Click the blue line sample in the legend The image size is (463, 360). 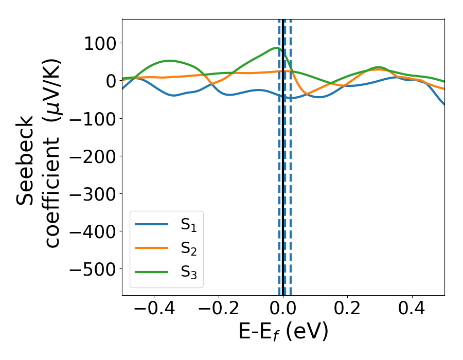click(151, 224)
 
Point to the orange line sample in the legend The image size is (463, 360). click(151, 248)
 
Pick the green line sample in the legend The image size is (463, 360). click(151, 272)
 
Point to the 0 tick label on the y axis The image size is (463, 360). click(110, 81)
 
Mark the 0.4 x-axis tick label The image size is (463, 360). click(412, 310)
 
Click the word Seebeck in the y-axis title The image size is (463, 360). click(26, 161)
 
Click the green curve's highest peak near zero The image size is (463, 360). click(276, 48)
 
